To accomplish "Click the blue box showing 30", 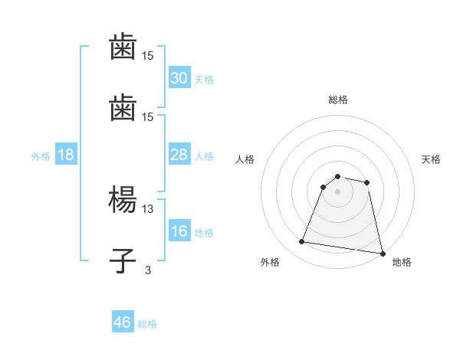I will point(179,78).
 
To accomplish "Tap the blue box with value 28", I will point(179,155).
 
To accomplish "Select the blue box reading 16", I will point(179,231).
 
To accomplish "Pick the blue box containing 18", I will point(66,155).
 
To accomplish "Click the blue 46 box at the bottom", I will point(123,322).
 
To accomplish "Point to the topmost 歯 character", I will point(123,47).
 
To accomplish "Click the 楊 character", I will point(123,201).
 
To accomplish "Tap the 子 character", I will point(123,261).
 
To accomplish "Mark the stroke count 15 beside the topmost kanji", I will point(148,56).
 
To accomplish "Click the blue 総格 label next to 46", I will point(147,324).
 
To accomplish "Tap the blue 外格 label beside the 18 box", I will point(41,155).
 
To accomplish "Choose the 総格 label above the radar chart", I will point(338,100).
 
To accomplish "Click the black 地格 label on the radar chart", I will point(402,263).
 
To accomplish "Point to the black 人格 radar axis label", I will point(246,159).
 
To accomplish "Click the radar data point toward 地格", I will point(382,253).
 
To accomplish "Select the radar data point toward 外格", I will point(301,242).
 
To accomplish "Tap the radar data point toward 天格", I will point(367,182).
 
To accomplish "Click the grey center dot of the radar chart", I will point(338,191).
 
